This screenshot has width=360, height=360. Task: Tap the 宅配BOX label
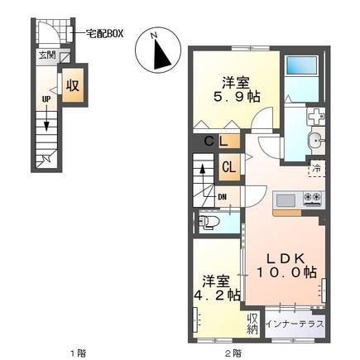pos(105,35)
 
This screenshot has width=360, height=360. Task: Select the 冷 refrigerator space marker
pos(317,170)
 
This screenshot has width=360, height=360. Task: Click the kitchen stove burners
pos(313,199)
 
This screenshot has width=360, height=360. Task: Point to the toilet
pos(210,222)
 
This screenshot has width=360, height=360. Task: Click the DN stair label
pos(223,196)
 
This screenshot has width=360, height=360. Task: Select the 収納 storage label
pos(252,324)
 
